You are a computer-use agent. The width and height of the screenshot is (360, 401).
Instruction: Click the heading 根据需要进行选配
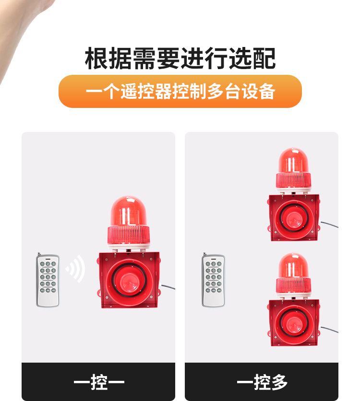tap(180, 59)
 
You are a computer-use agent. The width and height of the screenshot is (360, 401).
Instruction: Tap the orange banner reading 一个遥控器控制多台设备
tap(180, 91)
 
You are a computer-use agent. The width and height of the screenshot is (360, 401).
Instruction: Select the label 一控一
tap(99, 382)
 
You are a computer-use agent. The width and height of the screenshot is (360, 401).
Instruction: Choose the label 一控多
tap(262, 382)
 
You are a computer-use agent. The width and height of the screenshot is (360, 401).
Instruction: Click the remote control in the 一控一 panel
tap(48, 280)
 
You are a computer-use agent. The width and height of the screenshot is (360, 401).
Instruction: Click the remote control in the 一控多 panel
tap(213, 280)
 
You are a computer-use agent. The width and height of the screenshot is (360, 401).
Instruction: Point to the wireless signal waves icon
tap(75, 269)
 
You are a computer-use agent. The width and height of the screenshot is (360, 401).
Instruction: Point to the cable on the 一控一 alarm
tap(168, 287)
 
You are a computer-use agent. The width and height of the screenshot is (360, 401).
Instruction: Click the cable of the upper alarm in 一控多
tap(329, 224)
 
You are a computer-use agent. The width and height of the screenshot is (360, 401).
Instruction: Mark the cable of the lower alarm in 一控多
tap(329, 330)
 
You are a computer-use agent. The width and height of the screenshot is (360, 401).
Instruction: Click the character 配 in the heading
tap(264, 59)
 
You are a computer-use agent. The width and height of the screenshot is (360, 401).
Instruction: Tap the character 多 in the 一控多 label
tap(279, 382)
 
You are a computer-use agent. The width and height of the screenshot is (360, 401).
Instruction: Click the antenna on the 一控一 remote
tap(39, 255)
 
